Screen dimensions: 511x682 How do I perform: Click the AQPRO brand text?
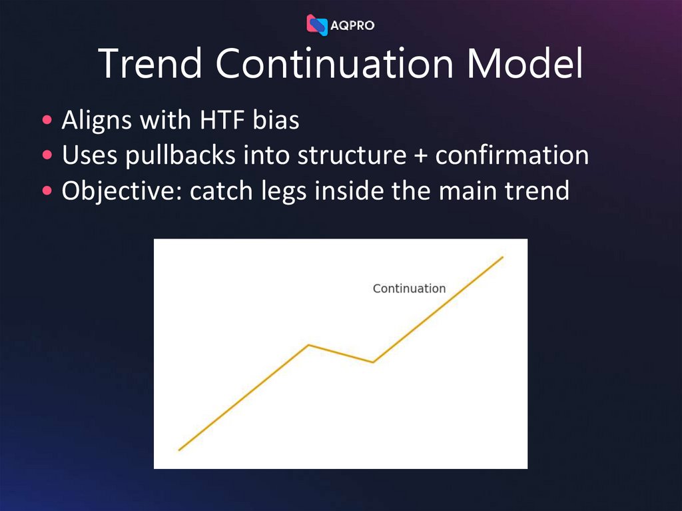click(x=352, y=25)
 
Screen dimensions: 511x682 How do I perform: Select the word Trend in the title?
click(x=150, y=64)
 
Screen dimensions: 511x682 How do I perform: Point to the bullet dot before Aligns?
click(x=47, y=121)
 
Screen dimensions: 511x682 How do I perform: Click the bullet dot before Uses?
click(x=47, y=156)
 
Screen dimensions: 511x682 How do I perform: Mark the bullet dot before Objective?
click(x=47, y=191)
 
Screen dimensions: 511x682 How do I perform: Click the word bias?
click(x=276, y=121)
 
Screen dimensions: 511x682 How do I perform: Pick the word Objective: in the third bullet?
click(x=121, y=191)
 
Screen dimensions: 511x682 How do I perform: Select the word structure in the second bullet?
click(x=352, y=156)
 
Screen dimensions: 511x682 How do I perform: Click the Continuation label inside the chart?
click(x=409, y=288)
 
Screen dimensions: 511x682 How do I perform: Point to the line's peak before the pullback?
click(x=308, y=345)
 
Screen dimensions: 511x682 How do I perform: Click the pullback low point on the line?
click(x=372, y=362)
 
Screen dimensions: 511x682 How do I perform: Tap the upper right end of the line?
click(x=502, y=257)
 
